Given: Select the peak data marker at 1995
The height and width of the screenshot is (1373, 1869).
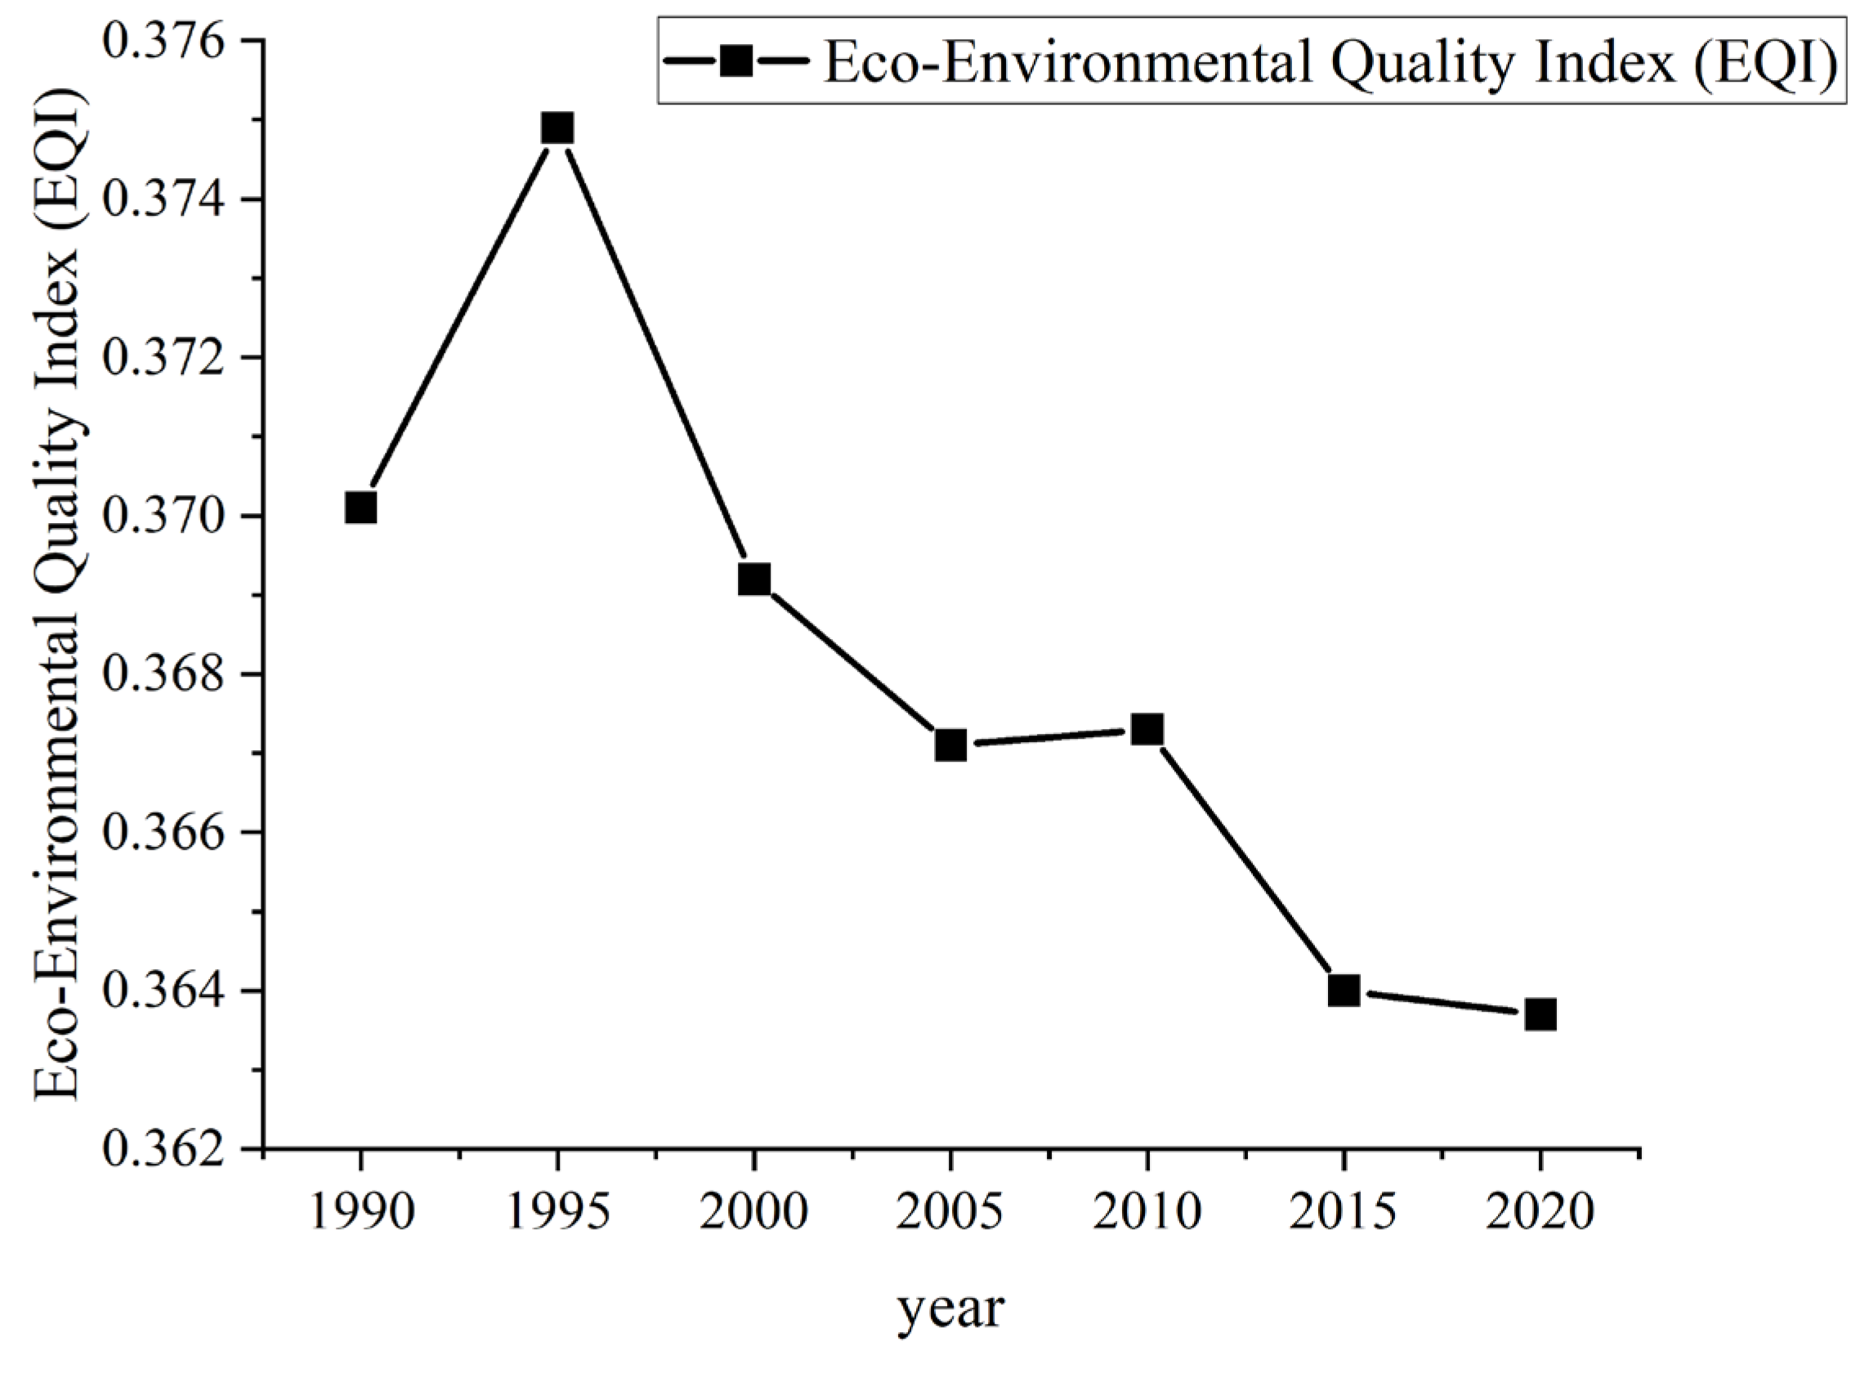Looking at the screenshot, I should coord(557,129).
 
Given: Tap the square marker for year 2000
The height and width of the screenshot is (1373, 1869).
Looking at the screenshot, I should coord(753,579).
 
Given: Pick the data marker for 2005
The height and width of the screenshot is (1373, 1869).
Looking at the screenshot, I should coord(950,745).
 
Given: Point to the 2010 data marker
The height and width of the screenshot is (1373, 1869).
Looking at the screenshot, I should coord(1147,730).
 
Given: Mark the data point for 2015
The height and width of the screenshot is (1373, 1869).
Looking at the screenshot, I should coord(1343,991).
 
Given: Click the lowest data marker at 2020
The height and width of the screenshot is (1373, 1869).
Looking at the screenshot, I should coord(1540,1014).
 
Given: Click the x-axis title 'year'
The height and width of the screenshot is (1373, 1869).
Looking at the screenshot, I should coord(950,1312).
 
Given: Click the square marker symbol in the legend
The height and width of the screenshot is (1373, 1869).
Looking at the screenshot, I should coord(735,60).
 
